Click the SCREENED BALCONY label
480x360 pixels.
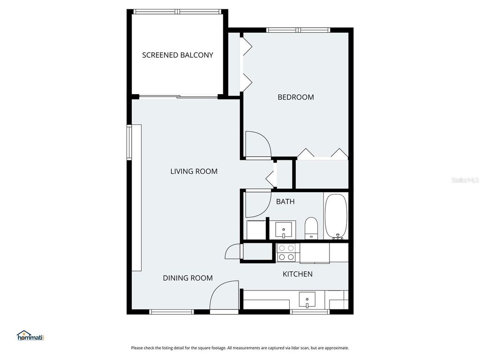178,55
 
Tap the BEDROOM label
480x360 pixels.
296,97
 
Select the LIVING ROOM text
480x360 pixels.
194,172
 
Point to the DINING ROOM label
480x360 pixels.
187,278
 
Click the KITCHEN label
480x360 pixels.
298,274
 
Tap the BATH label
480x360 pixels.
285,202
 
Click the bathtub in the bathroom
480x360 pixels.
336,217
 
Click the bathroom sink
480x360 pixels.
284,230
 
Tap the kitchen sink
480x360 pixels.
307,300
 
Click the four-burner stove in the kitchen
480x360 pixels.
286,253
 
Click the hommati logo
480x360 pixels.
30,336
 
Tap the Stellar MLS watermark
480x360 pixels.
465,180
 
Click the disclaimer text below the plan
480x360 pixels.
240,348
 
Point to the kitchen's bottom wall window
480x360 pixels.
309,312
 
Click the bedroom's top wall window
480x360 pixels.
298,30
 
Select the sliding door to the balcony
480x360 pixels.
179,97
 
